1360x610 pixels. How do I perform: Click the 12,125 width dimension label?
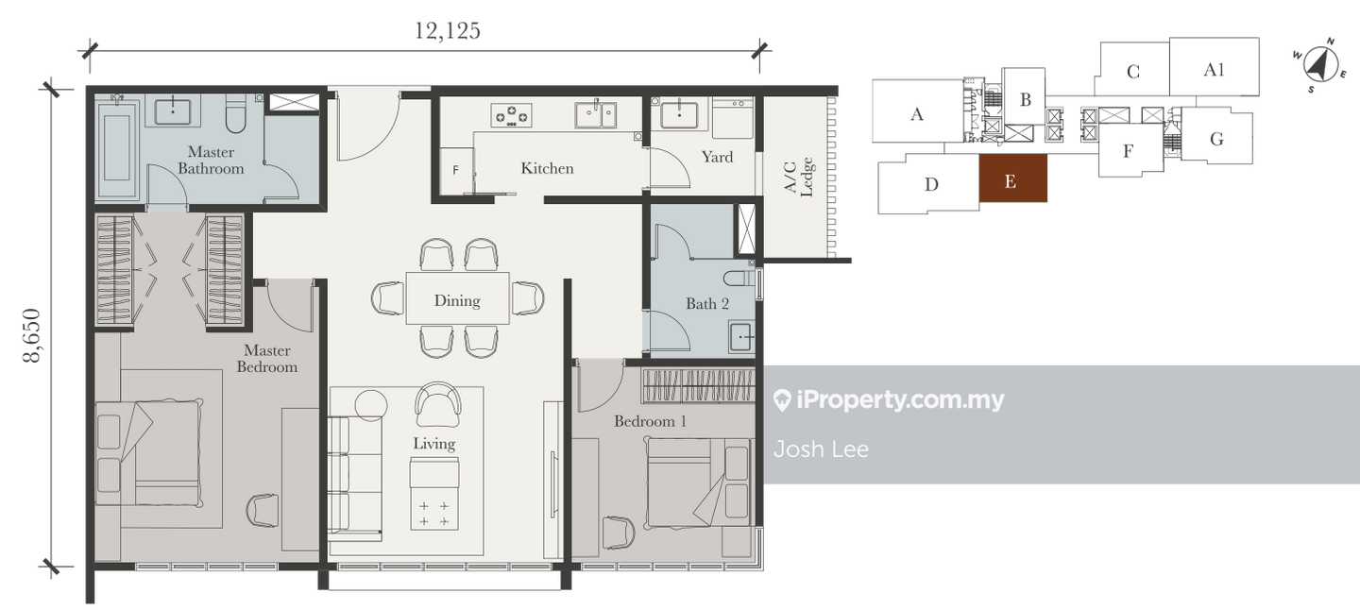point(448,31)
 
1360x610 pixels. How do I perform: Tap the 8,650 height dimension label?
point(31,335)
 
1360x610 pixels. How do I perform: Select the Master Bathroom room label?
point(211,161)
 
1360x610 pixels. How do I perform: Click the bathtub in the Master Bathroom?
point(118,146)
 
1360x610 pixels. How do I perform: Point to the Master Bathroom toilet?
point(235,113)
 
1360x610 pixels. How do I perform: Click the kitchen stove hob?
point(511,115)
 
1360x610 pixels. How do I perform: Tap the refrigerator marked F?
point(456,171)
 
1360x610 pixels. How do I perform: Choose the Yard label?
point(717,157)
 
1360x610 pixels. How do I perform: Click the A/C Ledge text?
point(798,178)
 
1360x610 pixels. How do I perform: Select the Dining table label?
point(457,300)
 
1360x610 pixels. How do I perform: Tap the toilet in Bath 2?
point(739,279)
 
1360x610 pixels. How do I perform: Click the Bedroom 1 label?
point(650,421)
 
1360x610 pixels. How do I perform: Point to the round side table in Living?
point(371,405)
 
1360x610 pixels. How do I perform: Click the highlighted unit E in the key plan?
point(1012,178)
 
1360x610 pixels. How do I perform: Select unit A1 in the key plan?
point(1215,67)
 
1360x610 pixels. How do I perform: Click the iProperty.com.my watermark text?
point(890,400)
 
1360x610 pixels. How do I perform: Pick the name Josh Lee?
point(821,449)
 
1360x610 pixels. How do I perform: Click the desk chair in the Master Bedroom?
point(263,510)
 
